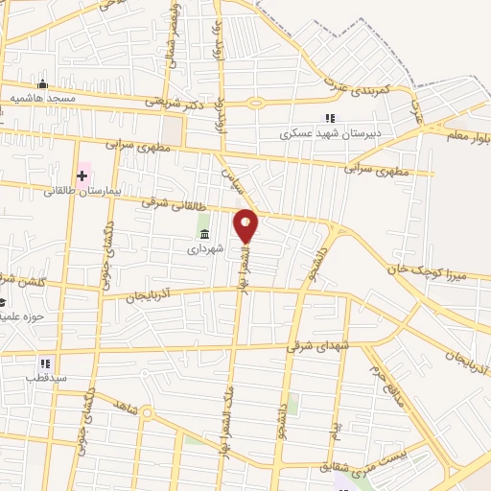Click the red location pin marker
(x=246, y=224)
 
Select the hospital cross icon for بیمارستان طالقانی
(x=82, y=175)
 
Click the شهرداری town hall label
(x=204, y=247)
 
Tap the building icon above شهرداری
(x=204, y=233)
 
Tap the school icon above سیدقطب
(x=45, y=363)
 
